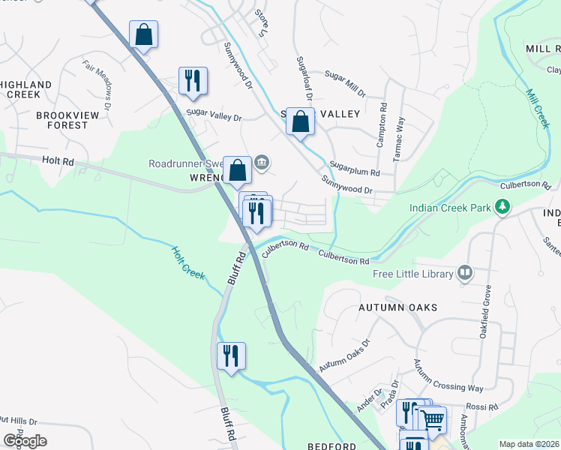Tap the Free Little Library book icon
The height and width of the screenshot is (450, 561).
point(465,273)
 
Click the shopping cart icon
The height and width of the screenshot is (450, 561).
point(431,418)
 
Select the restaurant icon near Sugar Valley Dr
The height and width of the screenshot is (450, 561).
point(193,80)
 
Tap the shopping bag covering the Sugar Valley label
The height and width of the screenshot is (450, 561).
point(301,121)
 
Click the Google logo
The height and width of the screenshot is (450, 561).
point(25,440)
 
